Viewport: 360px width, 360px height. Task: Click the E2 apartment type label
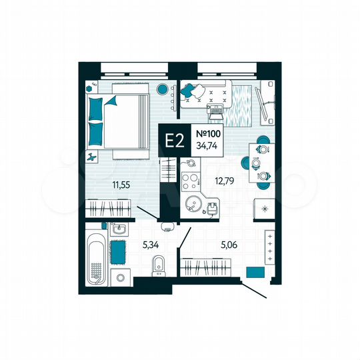[x=175, y=140]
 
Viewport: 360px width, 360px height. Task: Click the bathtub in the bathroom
[x=95, y=257]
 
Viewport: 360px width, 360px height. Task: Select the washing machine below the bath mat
[x=120, y=277]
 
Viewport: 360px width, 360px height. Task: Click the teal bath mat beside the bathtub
[x=119, y=253]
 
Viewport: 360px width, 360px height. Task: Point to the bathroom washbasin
[x=119, y=230]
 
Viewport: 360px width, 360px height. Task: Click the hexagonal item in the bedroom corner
[x=89, y=87]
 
